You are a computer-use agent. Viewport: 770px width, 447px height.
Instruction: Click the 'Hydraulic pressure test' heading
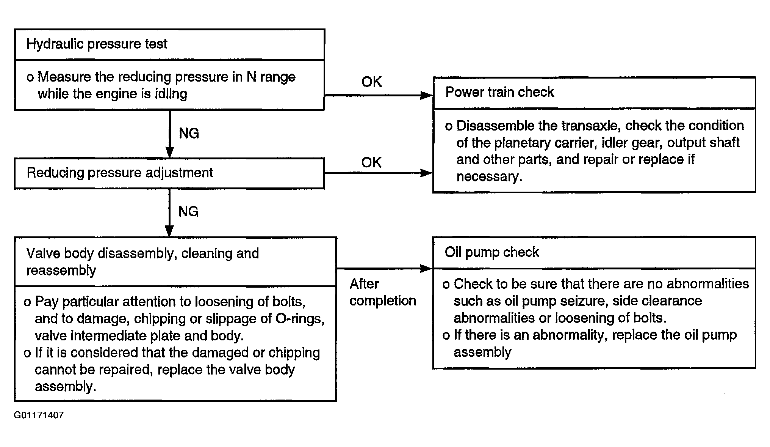(x=97, y=44)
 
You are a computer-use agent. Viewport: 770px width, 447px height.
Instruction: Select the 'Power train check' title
(x=499, y=92)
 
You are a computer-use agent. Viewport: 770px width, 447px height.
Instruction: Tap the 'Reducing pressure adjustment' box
(x=169, y=173)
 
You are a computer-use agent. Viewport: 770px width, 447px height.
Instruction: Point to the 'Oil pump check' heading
(x=491, y=252)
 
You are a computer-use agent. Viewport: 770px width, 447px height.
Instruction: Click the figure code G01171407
(x=39, y=415)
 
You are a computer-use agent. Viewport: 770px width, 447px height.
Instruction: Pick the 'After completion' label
(x=383, y=292)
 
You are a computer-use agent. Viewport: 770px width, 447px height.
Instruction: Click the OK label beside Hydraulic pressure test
(x=371, y=82)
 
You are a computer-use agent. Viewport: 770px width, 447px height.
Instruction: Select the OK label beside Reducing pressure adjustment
(x=371, y=162)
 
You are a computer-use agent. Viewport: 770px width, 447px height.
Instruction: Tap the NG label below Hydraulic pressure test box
(x=189, y=133)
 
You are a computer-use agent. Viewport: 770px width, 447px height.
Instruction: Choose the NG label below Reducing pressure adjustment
(x=188, y=211)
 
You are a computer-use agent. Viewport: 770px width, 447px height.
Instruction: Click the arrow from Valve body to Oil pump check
(x=384, y=269)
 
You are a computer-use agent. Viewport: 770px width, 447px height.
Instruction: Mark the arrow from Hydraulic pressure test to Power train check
(x=379, y=95)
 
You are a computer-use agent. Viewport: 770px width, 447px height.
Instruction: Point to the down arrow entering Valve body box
(x=169, y=213)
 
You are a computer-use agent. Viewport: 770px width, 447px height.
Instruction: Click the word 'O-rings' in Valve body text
(x=300, y=319)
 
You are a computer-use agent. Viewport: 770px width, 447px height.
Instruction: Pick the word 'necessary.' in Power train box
(x=489, y=177)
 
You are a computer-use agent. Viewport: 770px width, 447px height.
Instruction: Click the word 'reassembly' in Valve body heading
(x=61, y=271)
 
